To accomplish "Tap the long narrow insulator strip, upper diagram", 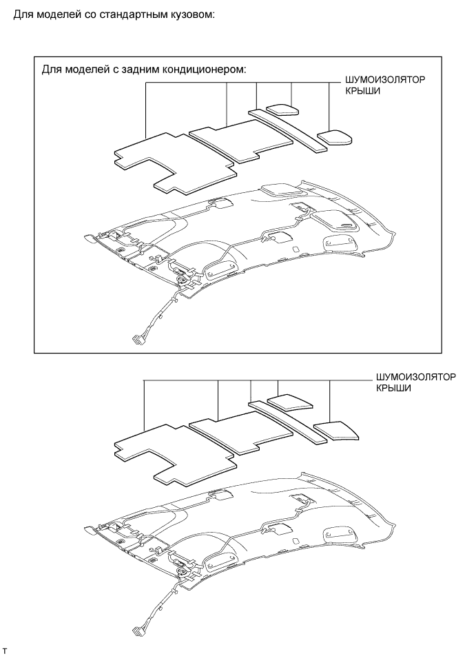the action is pos(289,130).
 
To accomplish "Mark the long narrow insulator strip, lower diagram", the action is pos(289,421).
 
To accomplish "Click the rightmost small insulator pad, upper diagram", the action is pos(335,136).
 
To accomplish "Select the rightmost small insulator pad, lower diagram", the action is pos(337,429).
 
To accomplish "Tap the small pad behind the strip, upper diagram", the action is pos(282,108).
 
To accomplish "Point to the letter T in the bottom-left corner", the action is pos(5,650).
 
